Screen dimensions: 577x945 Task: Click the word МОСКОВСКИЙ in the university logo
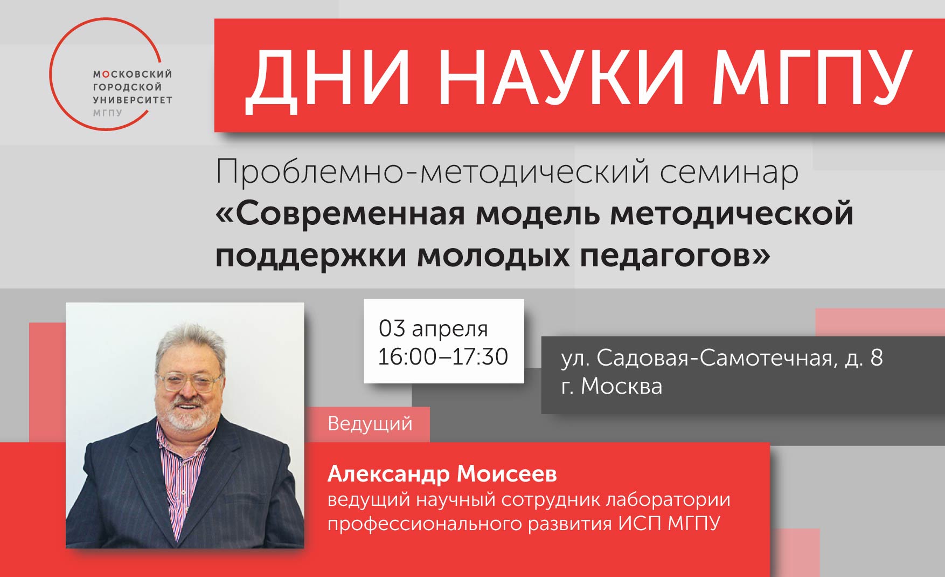(x=133, y=74)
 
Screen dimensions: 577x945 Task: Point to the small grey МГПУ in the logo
(x=108, y=113)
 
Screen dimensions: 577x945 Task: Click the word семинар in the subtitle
(x=729, y=172)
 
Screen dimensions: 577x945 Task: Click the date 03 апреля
(x=433, y=328)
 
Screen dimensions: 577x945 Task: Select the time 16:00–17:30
(x=443, y=357)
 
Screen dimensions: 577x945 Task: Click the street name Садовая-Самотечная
(x=714, y=358)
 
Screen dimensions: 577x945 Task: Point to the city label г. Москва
(x=612, y=386)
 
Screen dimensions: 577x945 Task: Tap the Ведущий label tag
(x=370, y=424)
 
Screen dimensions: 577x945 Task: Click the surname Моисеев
(x=507, y=474)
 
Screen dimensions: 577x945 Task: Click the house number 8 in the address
(x=877, y=358)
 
